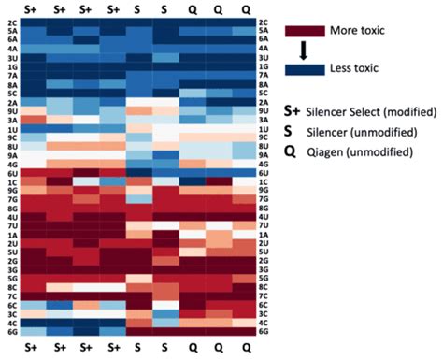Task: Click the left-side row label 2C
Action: (x=12, y=21)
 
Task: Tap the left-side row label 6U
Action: (x=12, y=173)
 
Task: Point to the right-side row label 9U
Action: (x=264, y=111)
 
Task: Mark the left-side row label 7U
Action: (x=12, y=225)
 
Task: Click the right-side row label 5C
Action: (x=264, y=93)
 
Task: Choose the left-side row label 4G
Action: (x=12, y=164)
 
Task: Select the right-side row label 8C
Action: (x=264, y=287)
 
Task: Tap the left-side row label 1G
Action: (x=12, y=66)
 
